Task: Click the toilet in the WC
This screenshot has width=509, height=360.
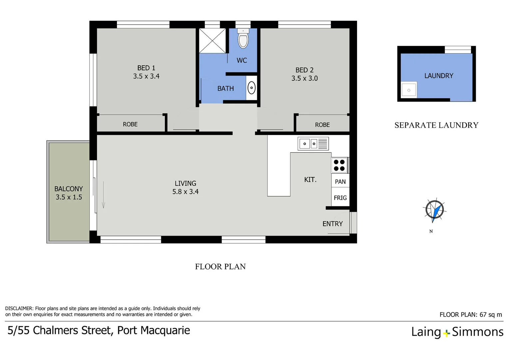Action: coord(243,39)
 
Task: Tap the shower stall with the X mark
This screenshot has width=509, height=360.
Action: coord(212,41)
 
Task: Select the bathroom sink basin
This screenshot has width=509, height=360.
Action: coord(252,88)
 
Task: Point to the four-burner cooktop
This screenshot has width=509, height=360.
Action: coord(339,165)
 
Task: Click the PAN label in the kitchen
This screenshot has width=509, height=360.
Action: coord(340,182)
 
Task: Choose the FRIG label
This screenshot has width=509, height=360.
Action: coord(340,198)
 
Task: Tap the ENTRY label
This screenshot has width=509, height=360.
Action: coord(332,224)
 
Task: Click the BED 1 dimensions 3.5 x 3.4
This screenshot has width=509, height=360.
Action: coord(146,76)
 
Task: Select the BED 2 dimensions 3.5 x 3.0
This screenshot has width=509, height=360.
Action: coord(304,78)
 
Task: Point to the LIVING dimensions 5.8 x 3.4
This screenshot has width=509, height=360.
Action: coord(185,192)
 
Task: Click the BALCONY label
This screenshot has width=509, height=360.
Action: coord(69,189)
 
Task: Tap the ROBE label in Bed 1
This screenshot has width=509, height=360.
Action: coord(130,124)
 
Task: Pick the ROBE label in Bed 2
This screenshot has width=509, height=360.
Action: coord(322,125)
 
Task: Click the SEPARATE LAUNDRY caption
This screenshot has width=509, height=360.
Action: coord(436,125)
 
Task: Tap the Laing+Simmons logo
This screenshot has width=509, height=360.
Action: coord(457,332)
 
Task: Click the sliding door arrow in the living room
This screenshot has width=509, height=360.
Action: coord(104,195)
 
